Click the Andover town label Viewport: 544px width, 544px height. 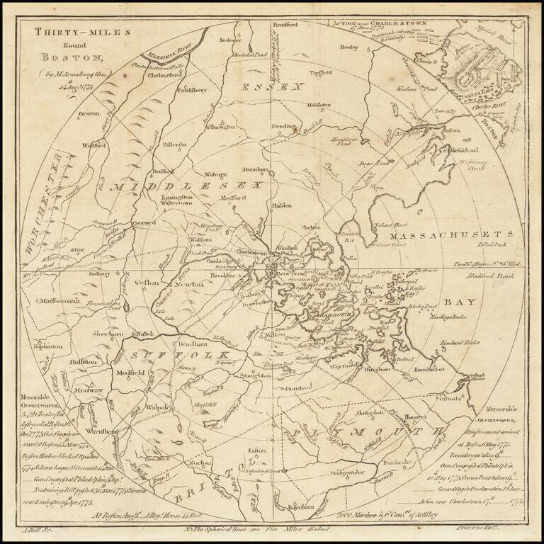click(x=231, y=40)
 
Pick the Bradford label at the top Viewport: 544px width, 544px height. click(x=285, y=25)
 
